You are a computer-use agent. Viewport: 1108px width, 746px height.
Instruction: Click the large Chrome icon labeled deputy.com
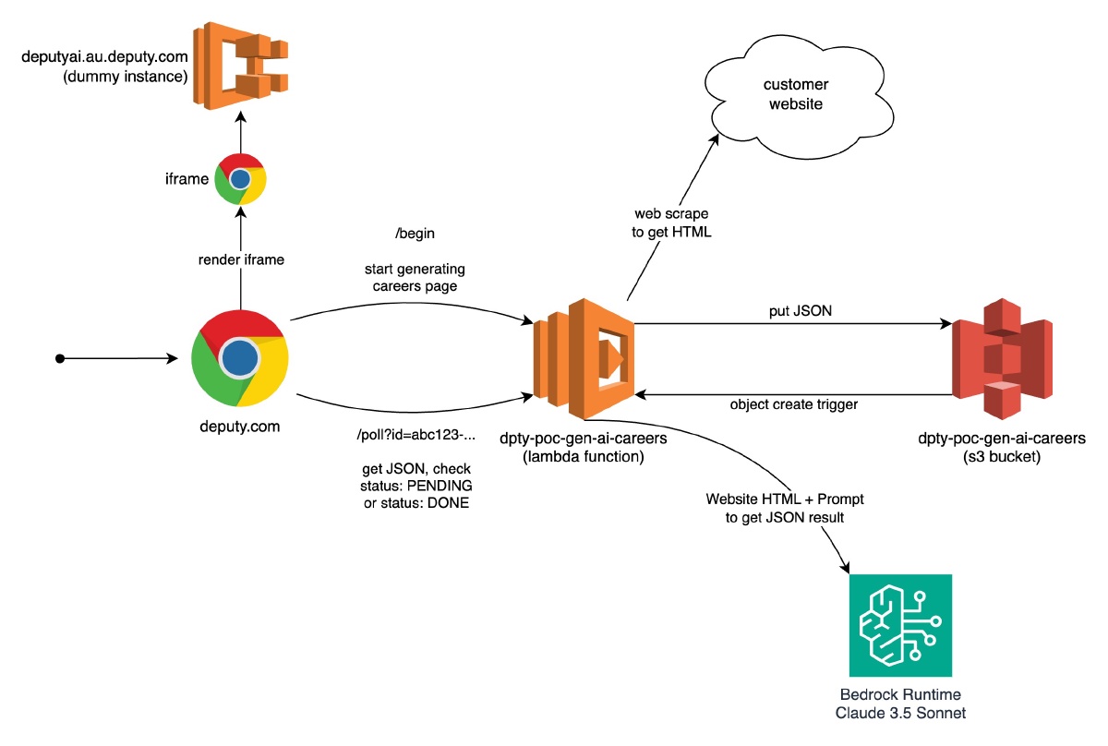coord(239,357)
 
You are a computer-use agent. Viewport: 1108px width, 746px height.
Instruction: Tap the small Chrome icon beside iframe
coord(241,179)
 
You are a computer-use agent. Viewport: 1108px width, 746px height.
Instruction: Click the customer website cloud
coord(793,93)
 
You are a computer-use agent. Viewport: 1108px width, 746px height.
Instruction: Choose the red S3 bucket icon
coord(1001,356)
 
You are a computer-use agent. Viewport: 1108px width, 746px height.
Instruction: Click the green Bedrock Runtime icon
coord(899,625)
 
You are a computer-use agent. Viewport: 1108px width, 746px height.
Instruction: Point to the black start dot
coord(60,357)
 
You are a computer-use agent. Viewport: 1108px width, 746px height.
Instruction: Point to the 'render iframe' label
coord(242,259)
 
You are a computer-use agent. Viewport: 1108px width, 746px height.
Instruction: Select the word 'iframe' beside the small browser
coord(187,179)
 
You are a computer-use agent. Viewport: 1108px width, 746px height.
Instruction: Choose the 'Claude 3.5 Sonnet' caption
coord(899,713)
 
